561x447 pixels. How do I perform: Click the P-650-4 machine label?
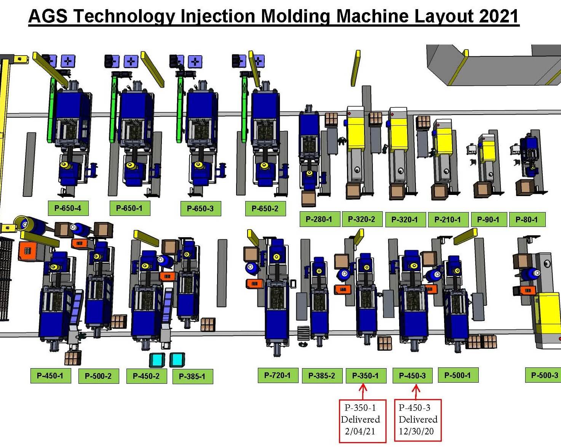pos(68,208)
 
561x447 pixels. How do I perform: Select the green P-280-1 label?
pos(320,219)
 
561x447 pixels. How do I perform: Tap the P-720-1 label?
pos(278,375)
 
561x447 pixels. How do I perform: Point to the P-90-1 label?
pos(489,219)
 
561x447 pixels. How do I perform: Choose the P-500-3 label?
pos(544,375)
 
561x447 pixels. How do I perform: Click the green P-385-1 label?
pos(193,376)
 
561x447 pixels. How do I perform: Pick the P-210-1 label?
pos(448,219)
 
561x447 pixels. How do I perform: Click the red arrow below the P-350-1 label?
pos(363,392)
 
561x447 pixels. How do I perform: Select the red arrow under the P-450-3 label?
pos(416,392)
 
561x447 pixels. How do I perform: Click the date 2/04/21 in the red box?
pos(360,431)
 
